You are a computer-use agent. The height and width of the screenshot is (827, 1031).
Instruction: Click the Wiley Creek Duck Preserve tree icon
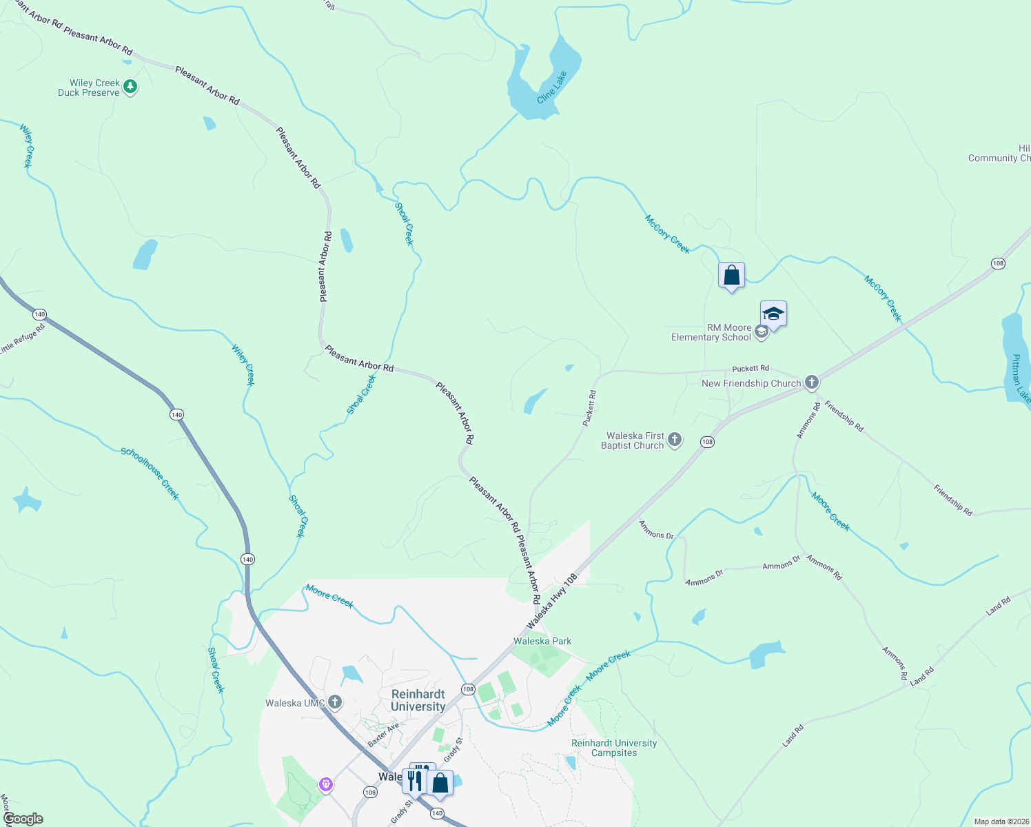click(x=130, y=87)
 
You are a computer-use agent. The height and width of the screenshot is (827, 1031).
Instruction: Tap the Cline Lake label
click(x=551, y=87)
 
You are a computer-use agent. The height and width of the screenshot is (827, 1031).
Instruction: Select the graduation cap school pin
click(x=773, y=314)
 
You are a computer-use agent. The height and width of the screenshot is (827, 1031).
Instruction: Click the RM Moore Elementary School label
click(x=711, y=332)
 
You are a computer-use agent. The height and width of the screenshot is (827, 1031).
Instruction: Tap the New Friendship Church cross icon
click(x=812, y=382)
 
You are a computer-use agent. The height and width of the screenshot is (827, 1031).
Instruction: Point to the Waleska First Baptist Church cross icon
click(x=675, y=439)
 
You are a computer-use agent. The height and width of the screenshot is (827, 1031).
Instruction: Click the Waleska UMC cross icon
click(x=335, y=702)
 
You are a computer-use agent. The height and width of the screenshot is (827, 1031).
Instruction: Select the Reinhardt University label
click(x=418, y=700)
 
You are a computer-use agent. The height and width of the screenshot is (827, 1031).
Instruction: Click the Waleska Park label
click(x=542, y=641)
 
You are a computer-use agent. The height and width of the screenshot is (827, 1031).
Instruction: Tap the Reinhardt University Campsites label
click(x=614, y=748)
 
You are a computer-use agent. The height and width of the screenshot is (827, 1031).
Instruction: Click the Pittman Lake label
click(x=1020, y=379)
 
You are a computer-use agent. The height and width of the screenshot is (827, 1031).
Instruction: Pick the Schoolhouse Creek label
click(x=150, y=473)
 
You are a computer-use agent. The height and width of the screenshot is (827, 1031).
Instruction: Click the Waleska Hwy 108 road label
click(x=551, y=601)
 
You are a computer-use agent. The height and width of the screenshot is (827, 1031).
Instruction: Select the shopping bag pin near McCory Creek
click(x=731, y=276)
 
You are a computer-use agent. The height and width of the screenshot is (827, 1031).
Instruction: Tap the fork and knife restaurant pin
click(x=414, y=781)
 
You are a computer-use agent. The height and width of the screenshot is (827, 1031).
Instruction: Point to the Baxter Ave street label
click(x=383, y=735)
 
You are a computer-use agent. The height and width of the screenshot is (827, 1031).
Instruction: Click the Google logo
click(x=23, y=819)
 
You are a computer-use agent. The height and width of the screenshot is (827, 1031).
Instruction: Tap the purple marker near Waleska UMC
click(x=326, y=784)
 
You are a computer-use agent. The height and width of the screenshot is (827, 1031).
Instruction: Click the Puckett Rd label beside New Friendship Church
click(x=750, y=369)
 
